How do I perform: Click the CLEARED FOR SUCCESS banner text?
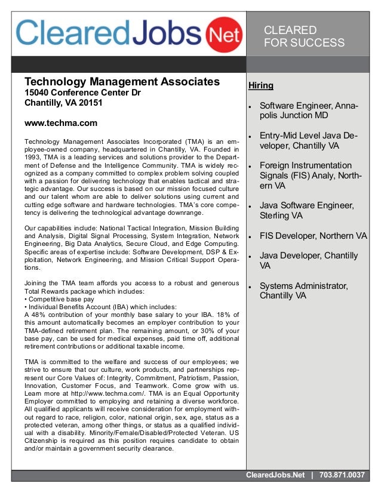(304, 36)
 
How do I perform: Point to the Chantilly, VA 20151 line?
(63, 103)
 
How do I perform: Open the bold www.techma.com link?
(60, 124)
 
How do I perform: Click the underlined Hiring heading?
(261, 85)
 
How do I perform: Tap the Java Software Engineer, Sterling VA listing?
(306, 211)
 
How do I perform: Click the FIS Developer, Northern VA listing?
(313, 235)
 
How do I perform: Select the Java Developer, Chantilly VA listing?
(309, 261)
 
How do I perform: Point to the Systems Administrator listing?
(303, 291)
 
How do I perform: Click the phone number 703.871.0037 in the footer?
(342, 475)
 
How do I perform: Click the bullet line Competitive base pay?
(59, 298)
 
